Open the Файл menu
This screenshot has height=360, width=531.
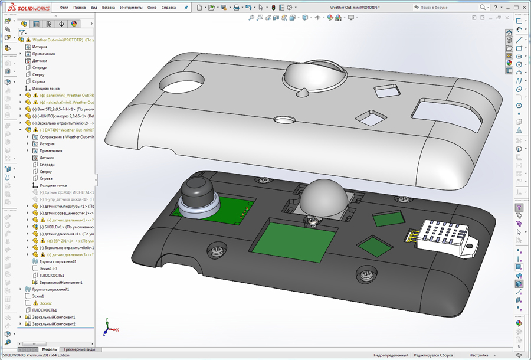coord(64,8)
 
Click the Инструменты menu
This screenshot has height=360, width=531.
coord(131,8)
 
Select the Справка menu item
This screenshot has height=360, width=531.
coord(169,8)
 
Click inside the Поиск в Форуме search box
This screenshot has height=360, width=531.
coord(445,8)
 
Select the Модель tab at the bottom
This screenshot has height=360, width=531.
coord(50,349)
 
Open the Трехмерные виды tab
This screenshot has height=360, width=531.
coord(78,349)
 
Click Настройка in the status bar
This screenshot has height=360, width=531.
coord(478,355)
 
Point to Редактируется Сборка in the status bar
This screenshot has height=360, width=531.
coord(434,355)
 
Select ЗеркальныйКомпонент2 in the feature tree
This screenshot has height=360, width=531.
coord(54,324)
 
